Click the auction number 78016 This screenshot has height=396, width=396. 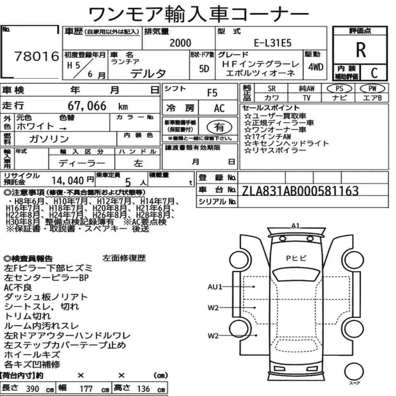click(x=36, y=56)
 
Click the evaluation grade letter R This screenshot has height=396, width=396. click(x=361, y=50)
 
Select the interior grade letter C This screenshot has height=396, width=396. click(x=374, y=73)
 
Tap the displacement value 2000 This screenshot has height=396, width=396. click(x=180, y=43)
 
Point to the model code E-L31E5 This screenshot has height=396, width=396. click(x=272, y=43)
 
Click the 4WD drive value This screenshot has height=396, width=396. click(x=316, y=67)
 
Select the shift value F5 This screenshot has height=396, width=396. click(x=212, y=93)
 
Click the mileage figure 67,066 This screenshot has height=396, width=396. click(x=87, y=106)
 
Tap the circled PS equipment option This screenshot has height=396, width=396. click(x=339, y=88)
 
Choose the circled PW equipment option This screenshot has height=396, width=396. click(x=372, y=88)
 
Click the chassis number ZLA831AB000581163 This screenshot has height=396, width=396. click(x=300, y=191)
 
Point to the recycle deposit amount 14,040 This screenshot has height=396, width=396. click(x=68, y=181)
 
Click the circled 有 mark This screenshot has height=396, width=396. click(x=219, y=127)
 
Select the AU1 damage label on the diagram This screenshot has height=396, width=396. click(x=215, y=287)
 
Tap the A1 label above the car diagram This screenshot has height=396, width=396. click(x=295, y=226)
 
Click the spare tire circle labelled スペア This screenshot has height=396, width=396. click(x=354, y=371)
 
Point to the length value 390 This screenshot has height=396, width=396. click(x=33, y=388)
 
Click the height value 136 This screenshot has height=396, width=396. click(x=143, y=388)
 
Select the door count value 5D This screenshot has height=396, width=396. click(x=204, y=69)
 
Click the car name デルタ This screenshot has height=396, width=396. click(x=148, y=74)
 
